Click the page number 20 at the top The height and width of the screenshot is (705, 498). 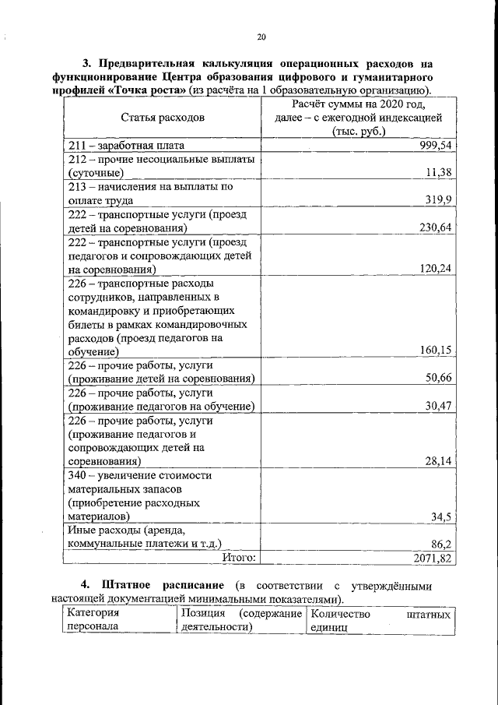(x=261, y=37)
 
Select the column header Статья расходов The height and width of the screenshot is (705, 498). (x=163, y=118)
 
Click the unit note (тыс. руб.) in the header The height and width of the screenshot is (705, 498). (x=359, y=132)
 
